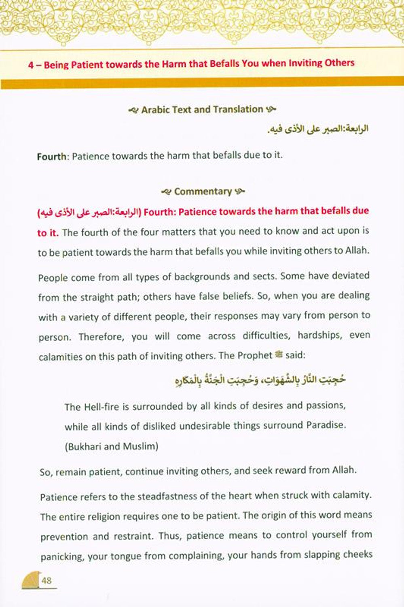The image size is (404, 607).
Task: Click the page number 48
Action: [x=47, y=580]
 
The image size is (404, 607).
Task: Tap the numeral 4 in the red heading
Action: [x=31, y=65]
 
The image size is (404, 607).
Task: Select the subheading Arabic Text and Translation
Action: [x=202, y=110]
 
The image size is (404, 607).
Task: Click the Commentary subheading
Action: [x=203, y=191]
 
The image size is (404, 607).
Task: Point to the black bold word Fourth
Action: [x=51, y=157]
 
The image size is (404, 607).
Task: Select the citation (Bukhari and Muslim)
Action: [x=111, y=446]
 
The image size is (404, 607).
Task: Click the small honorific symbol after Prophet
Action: [x=278, y=355]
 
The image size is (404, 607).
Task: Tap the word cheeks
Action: [x=357, y=554]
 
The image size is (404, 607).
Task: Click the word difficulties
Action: [x=267, y=336]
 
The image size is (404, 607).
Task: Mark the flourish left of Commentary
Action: [x=166, y=192]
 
